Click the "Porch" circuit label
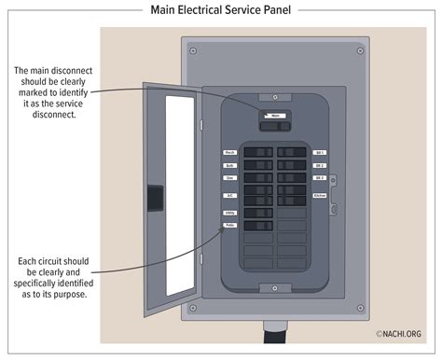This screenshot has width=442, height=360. [229, 152]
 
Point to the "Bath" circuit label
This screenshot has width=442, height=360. [229, 164]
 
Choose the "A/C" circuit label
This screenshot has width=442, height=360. [229, 195]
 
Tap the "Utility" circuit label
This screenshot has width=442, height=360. [229, 214]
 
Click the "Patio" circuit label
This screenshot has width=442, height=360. [229, 226]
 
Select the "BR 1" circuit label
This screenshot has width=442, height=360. [319, 152]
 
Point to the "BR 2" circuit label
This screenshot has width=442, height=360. [319, 164]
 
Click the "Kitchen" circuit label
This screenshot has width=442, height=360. [320, 195]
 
